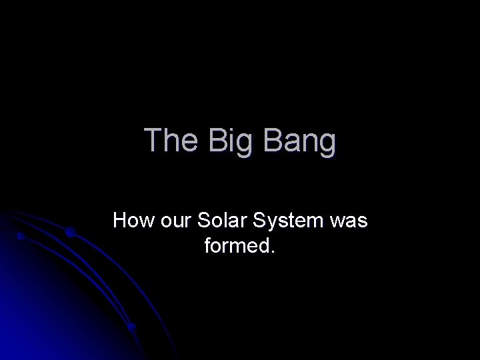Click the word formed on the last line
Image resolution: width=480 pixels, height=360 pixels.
tap(234, 246)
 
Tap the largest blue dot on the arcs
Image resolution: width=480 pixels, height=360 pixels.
tap(71, 232)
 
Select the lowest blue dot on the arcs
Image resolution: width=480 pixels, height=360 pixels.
tap(132, 327)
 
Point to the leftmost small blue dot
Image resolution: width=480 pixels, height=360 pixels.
tap(21, 237)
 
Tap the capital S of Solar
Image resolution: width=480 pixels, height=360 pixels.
tap(203, 221)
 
